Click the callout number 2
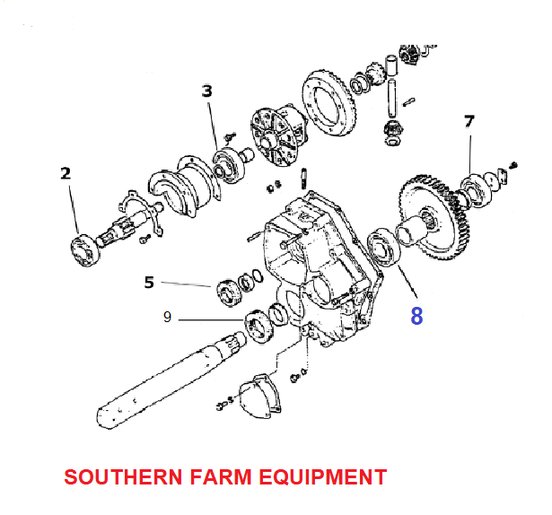(66, 174)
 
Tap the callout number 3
(207, 91)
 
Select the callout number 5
(149, 283)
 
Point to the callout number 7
(469, 121)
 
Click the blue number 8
(416, 316)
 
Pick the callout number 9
(168, 318)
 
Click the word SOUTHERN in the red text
(123, 477)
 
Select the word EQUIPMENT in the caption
(323, 477)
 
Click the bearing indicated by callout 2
(84, 250)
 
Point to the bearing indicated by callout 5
(229, 292)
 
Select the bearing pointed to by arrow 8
(384, 247)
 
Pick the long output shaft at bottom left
(170, 381)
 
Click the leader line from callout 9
(211, 320)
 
